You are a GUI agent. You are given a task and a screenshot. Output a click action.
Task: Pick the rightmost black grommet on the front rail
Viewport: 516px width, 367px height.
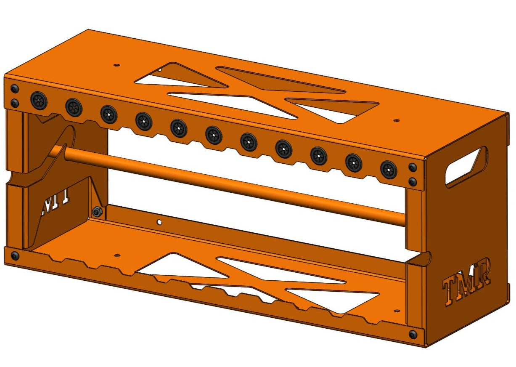388,170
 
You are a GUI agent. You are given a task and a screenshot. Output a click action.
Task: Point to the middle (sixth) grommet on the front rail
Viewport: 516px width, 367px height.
214,135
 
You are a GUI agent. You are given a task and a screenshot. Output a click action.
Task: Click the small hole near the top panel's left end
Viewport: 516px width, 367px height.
117,66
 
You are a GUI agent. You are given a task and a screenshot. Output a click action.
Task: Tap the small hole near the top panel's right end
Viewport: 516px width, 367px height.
396,121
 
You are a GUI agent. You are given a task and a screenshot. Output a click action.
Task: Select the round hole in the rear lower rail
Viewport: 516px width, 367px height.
159,221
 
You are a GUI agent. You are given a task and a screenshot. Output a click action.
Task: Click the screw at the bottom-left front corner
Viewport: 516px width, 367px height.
15,256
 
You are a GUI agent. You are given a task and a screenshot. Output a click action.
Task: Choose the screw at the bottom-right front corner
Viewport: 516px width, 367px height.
413,334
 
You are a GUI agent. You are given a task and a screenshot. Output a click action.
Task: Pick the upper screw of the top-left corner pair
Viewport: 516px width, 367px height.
15,89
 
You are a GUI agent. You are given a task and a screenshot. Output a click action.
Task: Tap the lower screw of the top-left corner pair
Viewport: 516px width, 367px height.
15,103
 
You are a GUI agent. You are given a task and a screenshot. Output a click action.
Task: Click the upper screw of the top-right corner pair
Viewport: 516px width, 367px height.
413,168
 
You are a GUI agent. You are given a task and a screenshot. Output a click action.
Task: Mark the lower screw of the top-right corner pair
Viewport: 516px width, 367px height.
413,182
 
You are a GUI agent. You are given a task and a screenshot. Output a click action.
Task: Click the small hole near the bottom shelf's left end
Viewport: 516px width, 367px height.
117,255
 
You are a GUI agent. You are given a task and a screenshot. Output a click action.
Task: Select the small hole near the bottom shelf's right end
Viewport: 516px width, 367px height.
395,311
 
